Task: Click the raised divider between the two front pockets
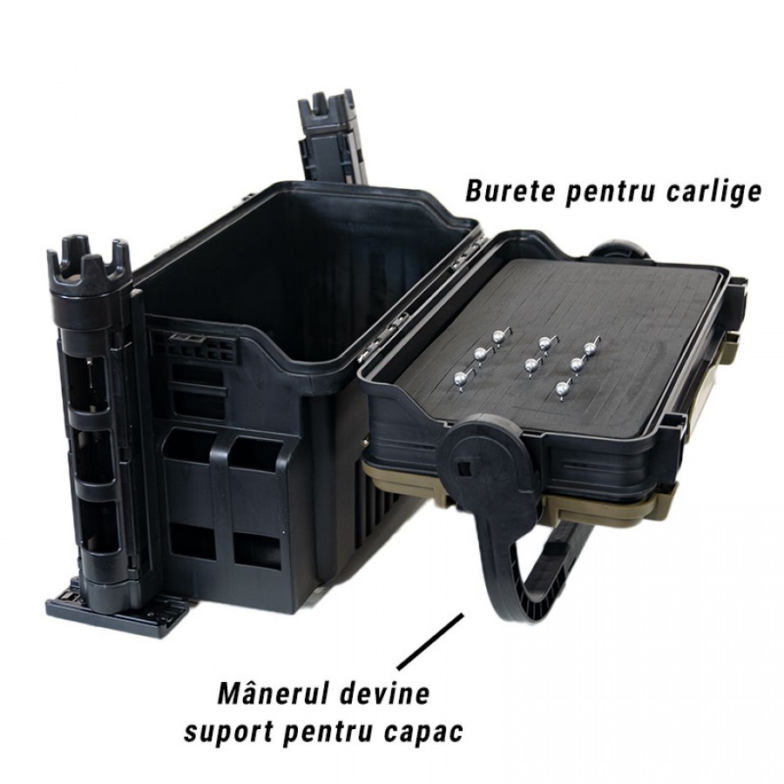tap(221, 500)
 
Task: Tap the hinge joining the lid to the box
tap(395, 320)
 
